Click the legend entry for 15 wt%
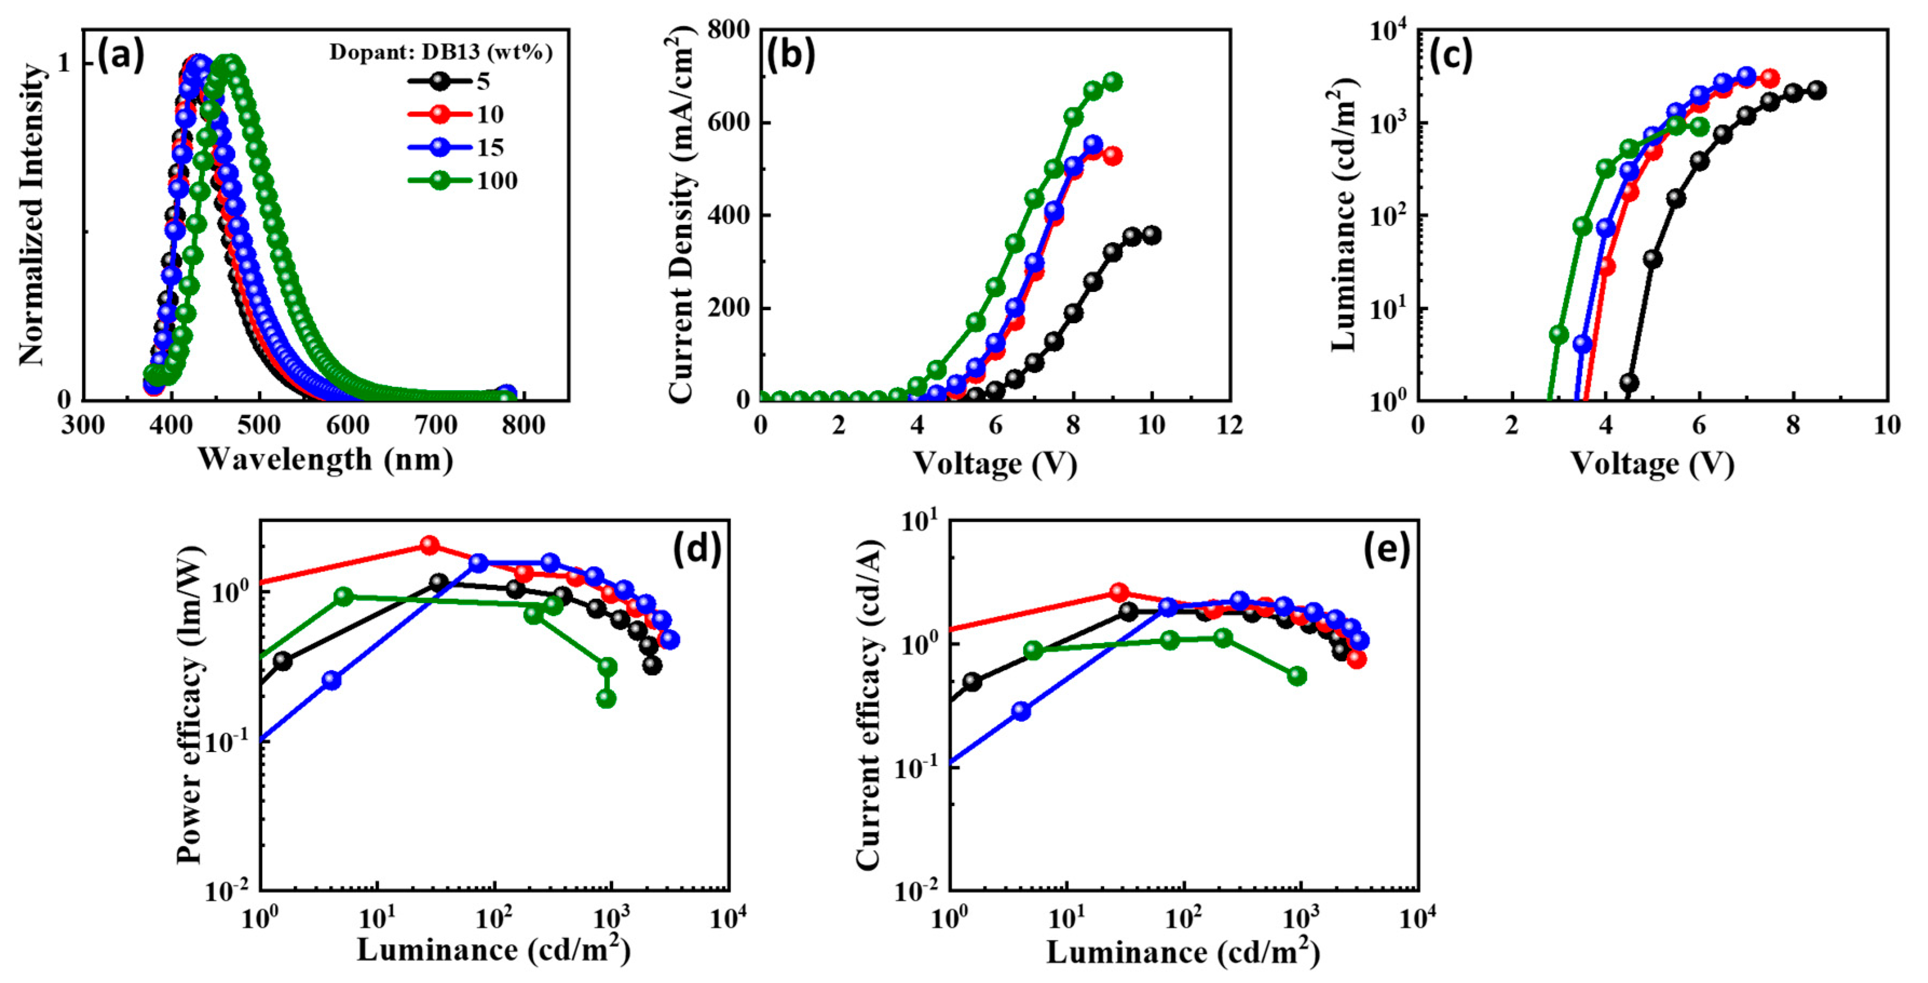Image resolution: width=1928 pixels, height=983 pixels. tap(457, 147)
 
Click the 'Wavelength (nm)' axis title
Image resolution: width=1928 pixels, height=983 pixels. tap(325, 459)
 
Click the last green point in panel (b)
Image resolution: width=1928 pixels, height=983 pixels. tap(1113, 81)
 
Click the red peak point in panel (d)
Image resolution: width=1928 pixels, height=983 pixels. tap(429, 544)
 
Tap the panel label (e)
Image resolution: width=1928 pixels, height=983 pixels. tap(1386, 549)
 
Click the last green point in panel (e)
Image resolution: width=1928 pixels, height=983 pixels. tap(1297, 676)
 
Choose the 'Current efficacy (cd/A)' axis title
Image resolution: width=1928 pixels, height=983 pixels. tap(868, 703)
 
